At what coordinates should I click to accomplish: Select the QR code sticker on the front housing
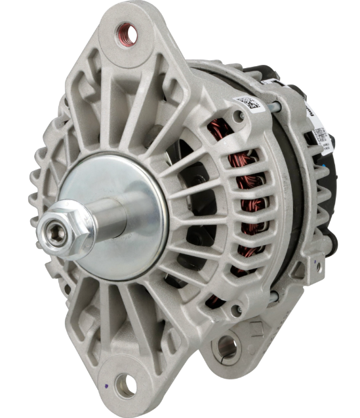click(248, 103)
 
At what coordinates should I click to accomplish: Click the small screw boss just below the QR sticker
click(240, 116)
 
